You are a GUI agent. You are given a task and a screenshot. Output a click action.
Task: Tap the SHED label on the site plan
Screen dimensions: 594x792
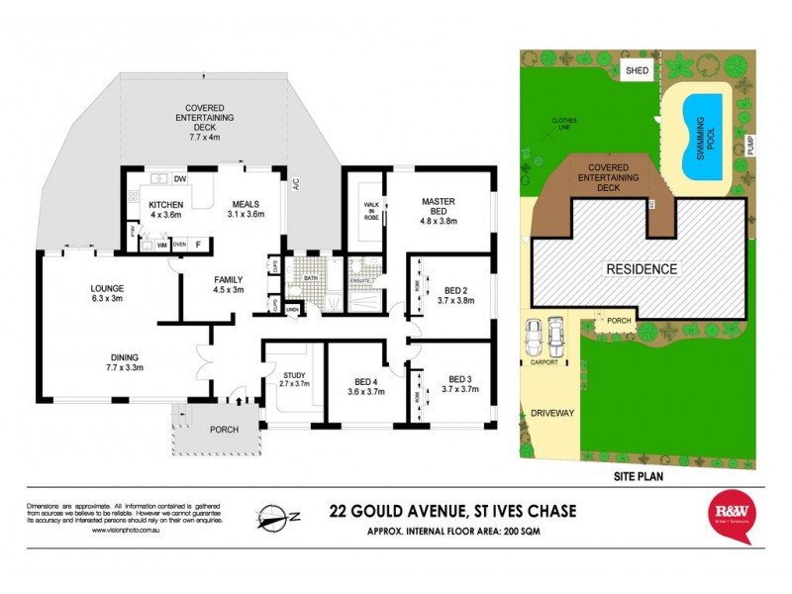pyautogui.click(x=636, y=70)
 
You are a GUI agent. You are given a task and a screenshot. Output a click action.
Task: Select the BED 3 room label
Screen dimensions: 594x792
pyautogui.click(x=462, y=384)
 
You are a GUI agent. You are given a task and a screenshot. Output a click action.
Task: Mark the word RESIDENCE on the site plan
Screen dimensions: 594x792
pyautogui.click(x=642, y=268)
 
